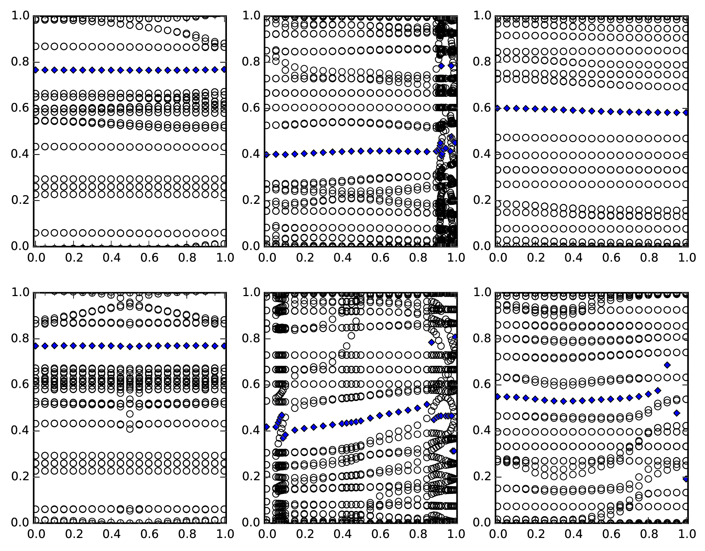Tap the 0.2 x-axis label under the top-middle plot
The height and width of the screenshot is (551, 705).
click(304, 258)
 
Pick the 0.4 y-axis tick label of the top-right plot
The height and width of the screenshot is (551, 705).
click(481, 154)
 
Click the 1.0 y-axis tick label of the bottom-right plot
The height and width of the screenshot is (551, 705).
click(481, 293)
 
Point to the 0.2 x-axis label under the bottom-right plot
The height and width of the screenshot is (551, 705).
click(535, 534)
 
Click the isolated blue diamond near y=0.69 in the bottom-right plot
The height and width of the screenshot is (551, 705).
click(667, 365)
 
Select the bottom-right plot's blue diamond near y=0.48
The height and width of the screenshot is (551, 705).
click(677, 413)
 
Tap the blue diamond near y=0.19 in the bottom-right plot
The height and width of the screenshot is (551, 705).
click(686, 479)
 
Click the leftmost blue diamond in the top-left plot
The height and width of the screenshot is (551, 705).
click(35, 70)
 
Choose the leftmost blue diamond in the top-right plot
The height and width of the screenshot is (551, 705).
click(497, 108)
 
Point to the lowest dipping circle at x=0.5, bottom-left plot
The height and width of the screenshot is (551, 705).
click(130, 429)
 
